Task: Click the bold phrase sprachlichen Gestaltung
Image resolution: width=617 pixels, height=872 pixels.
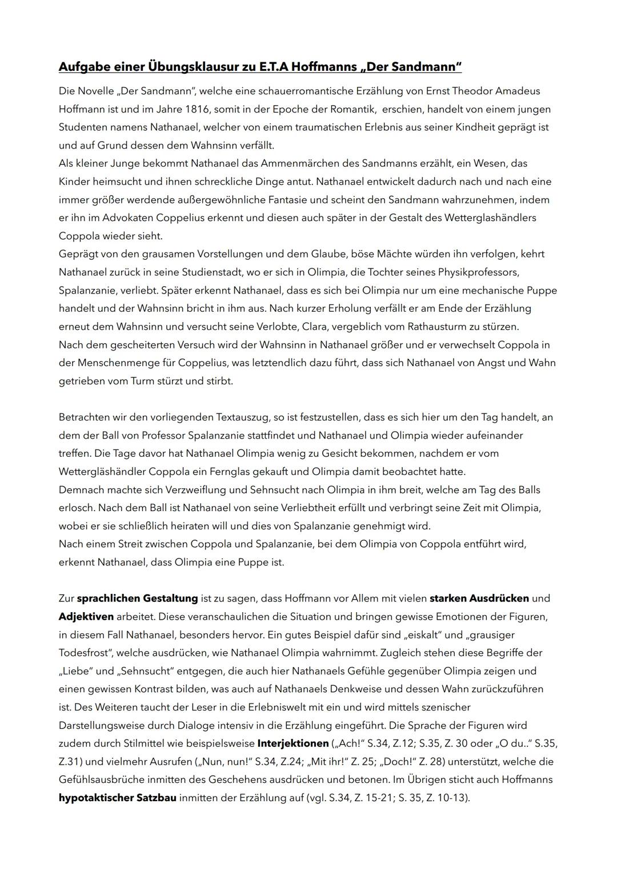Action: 137,598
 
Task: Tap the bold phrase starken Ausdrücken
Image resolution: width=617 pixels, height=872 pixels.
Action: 479,598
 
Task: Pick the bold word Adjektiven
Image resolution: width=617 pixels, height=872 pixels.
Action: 86,617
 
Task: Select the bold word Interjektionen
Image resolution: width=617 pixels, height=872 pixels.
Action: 293,744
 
